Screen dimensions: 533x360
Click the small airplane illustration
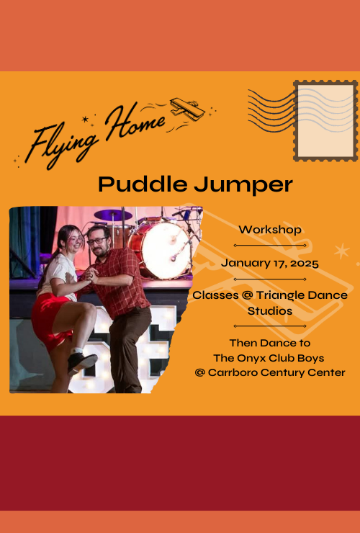186,109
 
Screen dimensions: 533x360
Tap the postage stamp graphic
325,120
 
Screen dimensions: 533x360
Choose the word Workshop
270,230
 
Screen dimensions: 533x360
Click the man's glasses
97,240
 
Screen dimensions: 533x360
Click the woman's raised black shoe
80,361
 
